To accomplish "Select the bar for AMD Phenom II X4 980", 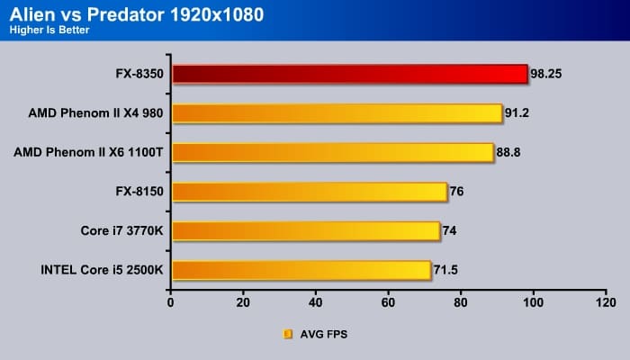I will click(x=337, y=112).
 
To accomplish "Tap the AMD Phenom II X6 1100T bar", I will click(x=332, y=152).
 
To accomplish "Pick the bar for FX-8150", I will click(x=309, y=191).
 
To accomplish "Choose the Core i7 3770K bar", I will click(x=305, y=230).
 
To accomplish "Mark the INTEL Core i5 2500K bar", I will click(x=301, y=269).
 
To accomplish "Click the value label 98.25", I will click(x=547, y=74).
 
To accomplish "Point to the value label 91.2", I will click(x=518, y=112).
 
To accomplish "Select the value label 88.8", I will click(x=509, y=152).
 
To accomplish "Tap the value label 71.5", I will click(x=447, y=269).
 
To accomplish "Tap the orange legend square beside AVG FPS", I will click(x=288, y=334).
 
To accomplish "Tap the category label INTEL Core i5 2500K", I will click(x=96, y=269).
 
